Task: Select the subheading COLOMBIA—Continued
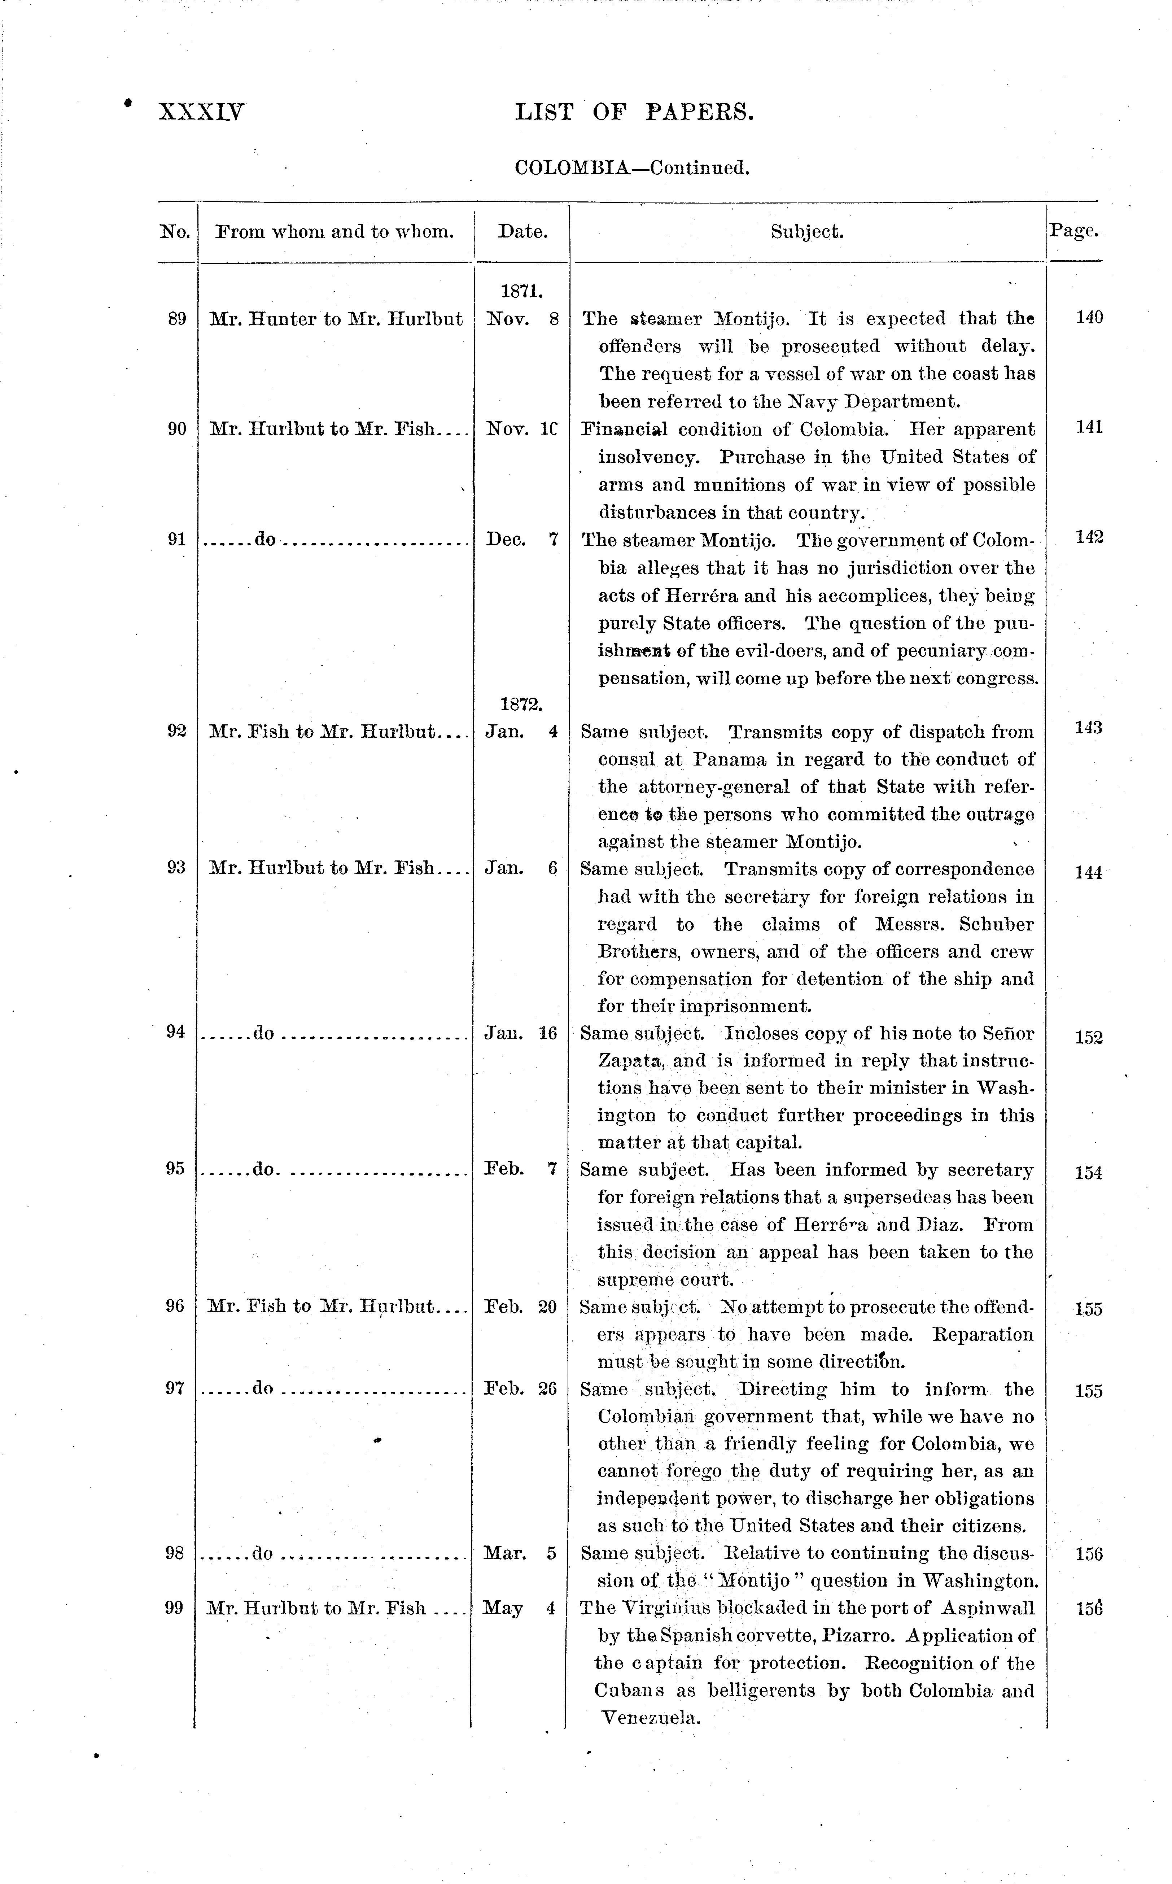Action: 632,168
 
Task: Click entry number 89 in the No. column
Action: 177,319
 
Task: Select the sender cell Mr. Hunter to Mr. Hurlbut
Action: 336,319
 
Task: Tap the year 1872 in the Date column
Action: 521,704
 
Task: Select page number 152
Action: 1088,1037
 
